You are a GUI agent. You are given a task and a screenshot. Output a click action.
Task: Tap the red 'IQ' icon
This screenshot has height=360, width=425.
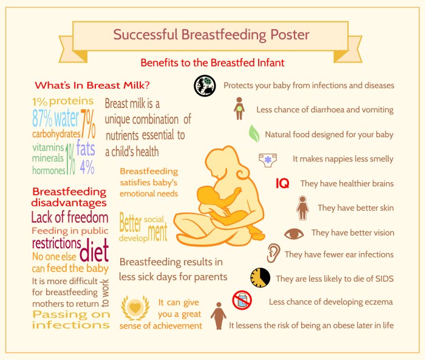point(282,183)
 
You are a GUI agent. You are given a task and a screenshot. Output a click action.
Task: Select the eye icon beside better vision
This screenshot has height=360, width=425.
point(294,233)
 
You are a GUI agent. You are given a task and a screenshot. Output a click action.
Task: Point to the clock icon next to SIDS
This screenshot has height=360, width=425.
point(260,277)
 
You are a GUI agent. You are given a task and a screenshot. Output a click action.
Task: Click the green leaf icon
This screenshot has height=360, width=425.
point(254,133)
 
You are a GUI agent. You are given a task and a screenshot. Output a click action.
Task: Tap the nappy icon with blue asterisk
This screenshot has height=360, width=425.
point(268,160)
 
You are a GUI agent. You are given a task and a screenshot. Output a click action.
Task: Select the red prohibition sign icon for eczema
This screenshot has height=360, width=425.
point(242,301)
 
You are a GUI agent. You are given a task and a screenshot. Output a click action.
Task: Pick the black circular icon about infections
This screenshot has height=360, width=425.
point(205,86)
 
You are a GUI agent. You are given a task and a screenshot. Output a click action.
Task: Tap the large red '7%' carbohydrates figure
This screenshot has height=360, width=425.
point(88,124)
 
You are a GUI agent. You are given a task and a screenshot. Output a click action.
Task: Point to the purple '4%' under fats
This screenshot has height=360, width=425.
point(86,166)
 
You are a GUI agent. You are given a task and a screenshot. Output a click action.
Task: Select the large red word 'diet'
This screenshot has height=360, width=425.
point(94,248)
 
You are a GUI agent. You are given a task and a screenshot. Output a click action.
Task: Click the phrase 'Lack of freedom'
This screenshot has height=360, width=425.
point(69,218)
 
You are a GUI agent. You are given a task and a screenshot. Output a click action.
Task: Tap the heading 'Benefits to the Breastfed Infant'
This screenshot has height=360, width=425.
point(212,63)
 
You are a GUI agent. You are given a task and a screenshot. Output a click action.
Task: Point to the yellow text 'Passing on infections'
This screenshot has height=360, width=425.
point(71,319)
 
